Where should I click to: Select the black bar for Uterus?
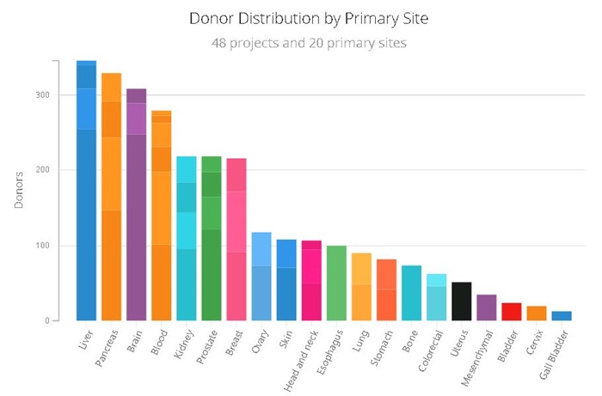(461, 302)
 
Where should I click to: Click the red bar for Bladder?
(512, 312)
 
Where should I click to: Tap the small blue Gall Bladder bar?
(562, 316)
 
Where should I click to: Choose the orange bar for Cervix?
(537, 314)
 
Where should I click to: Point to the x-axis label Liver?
(82, 341)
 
